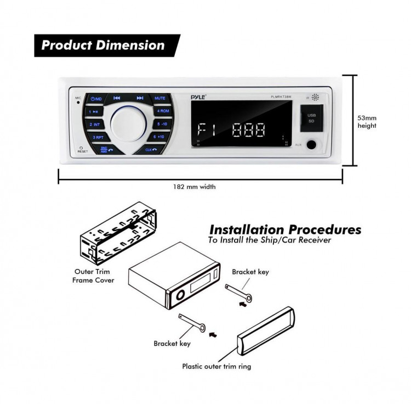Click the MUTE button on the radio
pos(159,98)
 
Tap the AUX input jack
pos(311,145)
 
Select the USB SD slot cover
pos(311,118)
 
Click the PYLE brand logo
pos(197,97)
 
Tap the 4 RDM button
pos(163,111)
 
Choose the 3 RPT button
pos(98,137)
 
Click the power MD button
pos(96,99)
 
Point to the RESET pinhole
pos(81,147)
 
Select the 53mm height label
pos(367,122)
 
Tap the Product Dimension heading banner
pos(104,46)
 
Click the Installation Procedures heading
pos(285,229)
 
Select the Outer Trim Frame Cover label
pos(94,276)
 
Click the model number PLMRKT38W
pos(281,98)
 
